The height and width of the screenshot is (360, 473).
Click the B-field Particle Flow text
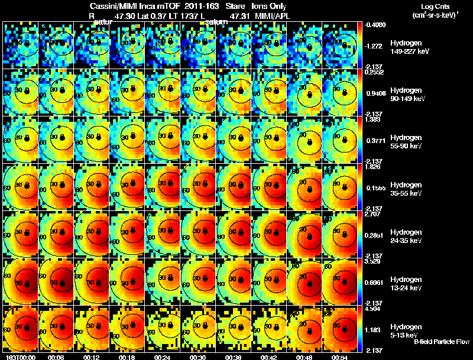coord(441,342)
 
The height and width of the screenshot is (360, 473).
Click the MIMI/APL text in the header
coord(274,17)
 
